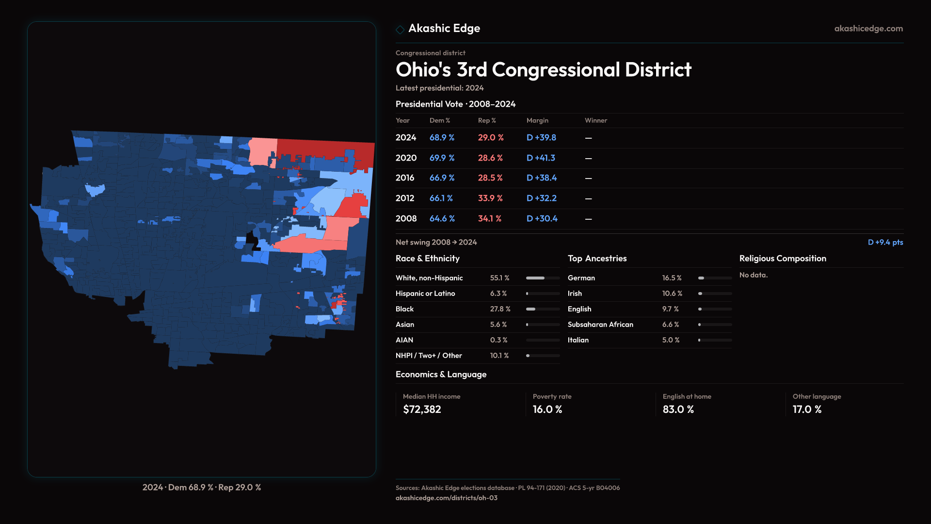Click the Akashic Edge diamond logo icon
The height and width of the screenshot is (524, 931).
(x=400, y=30)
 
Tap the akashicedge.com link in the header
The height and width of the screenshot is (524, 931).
(x=868, y=29)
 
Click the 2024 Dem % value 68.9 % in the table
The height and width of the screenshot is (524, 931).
(x=442, y=138)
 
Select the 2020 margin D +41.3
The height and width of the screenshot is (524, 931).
(x=541, y=158)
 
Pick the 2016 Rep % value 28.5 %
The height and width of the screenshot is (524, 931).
(x=490, y=178)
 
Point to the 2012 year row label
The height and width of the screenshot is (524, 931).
(x=405, y=198)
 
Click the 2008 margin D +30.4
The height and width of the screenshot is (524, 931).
(x=542, y=219)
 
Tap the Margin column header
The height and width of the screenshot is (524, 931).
(x=537, y=120)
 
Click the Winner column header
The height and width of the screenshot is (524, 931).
(x=595, y=120)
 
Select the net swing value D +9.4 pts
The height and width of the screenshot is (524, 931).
(x=885, y=242)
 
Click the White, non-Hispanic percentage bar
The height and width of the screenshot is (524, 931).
(x=543, y=278)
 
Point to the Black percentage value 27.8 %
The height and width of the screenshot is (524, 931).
(x=500, y=309)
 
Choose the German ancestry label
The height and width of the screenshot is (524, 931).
(x=581, y=278)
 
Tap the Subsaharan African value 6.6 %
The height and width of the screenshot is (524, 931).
(x=671, y=325)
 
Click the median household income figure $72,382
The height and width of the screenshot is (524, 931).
(x=422, y=409)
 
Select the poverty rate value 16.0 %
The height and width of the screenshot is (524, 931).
(x=547, y=409)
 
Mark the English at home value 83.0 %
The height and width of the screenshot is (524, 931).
(x=678, y=409)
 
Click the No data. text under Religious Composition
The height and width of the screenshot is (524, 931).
(x=753, y=275)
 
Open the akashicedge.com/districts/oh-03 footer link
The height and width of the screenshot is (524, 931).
(x=446, y=498)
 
